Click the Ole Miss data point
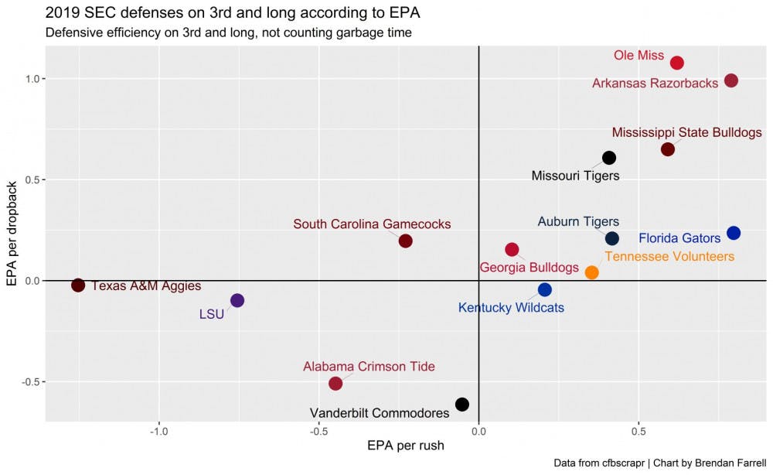(x=677, y=63)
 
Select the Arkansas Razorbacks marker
(x=731, y=80)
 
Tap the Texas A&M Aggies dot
(x=78, y=285)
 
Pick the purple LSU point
(x=237, y=300)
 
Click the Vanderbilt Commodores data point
(x=462, y=405)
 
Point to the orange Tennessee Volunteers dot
(x=592, y=272)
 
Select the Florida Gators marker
(x=734, y=233)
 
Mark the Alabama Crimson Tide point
(x=335, y=384)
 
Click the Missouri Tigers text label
(x=575, y=176)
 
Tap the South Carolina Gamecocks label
(x=372, y=224)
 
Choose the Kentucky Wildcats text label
(x=511, y=308)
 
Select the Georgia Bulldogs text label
(x=529, y=268)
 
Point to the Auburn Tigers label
(x=578, y=222)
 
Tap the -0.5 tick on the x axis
(x=318, y=431)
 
